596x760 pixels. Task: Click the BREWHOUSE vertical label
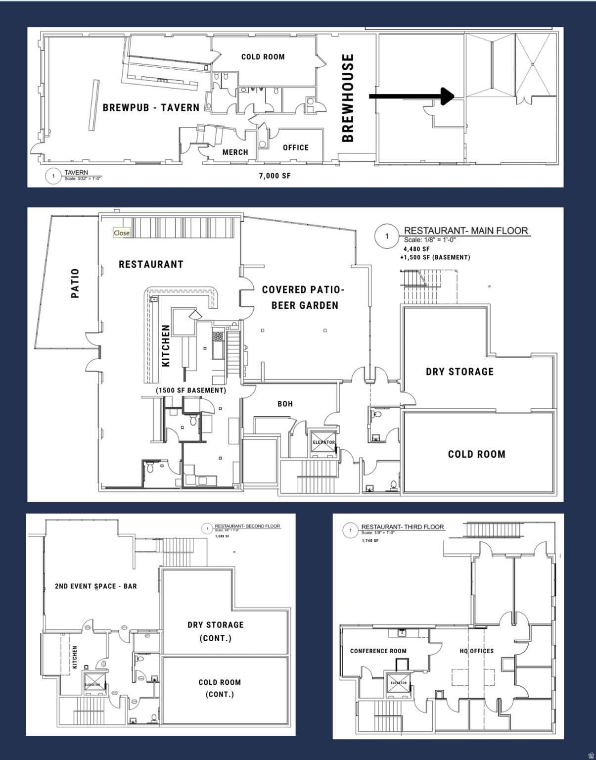(x=348, y=98)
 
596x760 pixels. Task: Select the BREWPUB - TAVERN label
(x=151, y=108)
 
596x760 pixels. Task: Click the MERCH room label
(x=235, y=152)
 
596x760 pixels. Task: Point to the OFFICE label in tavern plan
(x=296, y=147)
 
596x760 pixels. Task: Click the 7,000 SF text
(x=275, y=176)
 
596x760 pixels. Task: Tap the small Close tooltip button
(x=122, y=233)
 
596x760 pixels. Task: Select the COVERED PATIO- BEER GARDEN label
(x=303, y=297)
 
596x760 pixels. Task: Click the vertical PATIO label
(x=75, y=283)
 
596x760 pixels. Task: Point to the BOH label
(x=285, y=404)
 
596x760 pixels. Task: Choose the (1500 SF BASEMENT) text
(x=191, y=390)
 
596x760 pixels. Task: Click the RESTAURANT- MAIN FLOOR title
(x=466, y=231)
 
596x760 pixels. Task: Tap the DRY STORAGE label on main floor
(x=459, y=372)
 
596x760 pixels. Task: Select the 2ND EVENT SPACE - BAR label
(x=96, y=586)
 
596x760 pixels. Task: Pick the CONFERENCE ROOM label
(x=378, y=651)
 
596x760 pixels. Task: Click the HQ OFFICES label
(x=477, y=651)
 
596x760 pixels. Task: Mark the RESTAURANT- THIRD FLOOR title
(x=403, y=527)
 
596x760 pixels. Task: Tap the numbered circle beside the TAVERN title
(x=53, y=176)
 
